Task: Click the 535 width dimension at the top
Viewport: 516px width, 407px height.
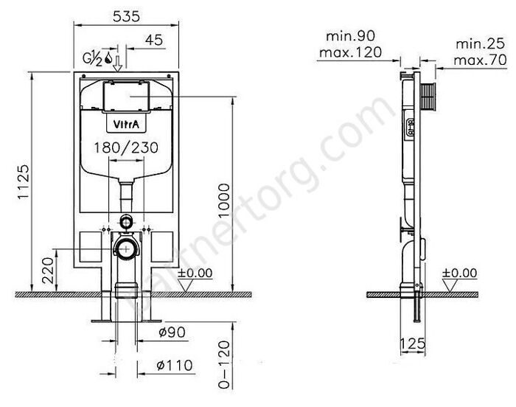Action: pos(126,16)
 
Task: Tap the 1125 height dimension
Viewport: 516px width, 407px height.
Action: pos(24,182)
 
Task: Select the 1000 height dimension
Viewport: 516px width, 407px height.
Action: pos(224,201)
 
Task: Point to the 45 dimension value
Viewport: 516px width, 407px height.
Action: pos(154,40)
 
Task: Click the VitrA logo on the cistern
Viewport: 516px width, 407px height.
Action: pos(126,124)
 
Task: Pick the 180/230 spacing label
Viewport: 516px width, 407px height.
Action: pos(126,147)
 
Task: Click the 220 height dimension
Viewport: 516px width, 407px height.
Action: pos(48,271)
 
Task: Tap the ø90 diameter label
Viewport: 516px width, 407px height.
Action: pos(172,332)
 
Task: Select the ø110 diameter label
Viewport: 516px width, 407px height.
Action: pos(175,365)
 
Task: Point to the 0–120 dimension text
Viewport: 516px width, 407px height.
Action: pos(224,364)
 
